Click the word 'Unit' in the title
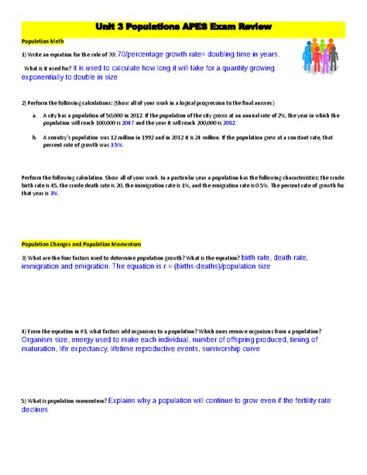105,28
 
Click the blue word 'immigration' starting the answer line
45,266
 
